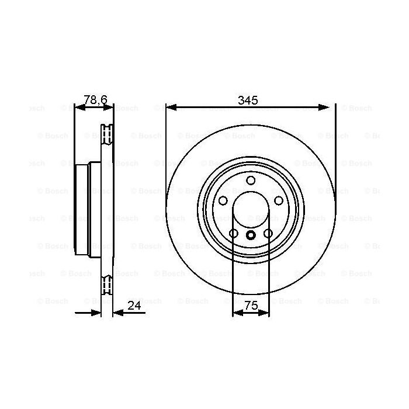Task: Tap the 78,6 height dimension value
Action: (x=95, y=100)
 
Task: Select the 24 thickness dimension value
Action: (x=135, y=305)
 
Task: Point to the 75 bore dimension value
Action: (x=251, y=305)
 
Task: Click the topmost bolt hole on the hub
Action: (x=251, y=180)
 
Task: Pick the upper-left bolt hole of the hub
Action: (x=223, y=200)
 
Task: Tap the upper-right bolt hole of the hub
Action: (x=278, y=200)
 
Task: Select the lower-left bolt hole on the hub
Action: (x=234, y=234)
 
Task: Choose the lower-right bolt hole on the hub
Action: (x=268, y=234)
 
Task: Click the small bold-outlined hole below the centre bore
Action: (x=251, y=235)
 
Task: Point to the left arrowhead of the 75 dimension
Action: (x=236, y=313)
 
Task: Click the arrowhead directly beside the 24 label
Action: (x=116, y=312)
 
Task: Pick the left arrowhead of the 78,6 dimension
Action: (x=78, y=107)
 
